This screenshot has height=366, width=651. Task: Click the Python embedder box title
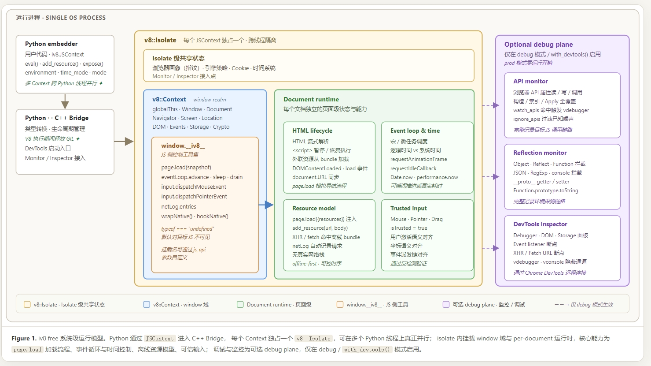(x=51, y=44)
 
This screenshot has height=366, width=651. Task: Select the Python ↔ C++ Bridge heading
(x=57, y=118)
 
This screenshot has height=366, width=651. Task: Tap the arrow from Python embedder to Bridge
(x=65, y=101)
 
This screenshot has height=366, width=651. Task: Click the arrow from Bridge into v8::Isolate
(x=124, y=142)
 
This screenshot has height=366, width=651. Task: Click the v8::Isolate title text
(x=160, y=40)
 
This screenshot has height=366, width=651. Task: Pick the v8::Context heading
(x=169, y=99)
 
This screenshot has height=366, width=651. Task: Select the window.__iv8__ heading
(x=183, y=146)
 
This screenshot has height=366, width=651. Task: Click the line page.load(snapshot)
(x=186, y=168)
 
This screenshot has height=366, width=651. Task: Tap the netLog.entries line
(x=179, y=206)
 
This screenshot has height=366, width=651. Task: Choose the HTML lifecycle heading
(x=312, y=131)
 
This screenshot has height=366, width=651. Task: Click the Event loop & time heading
(x=415, y=131)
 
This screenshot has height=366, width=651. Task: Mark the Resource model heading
(x=314, y=208)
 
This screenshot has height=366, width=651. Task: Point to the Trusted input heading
(x=408, y=208)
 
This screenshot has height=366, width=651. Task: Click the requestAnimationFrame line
(x=418, y=159)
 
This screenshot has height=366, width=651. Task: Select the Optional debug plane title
(x=538, y=45)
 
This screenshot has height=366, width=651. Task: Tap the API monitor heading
(x=530, y=81)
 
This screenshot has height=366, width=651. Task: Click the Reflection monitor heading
(x=540, y=153)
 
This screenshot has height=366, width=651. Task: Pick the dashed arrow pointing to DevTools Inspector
(x=490, y=248)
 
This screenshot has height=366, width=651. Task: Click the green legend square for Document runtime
(x=240, y=304)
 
